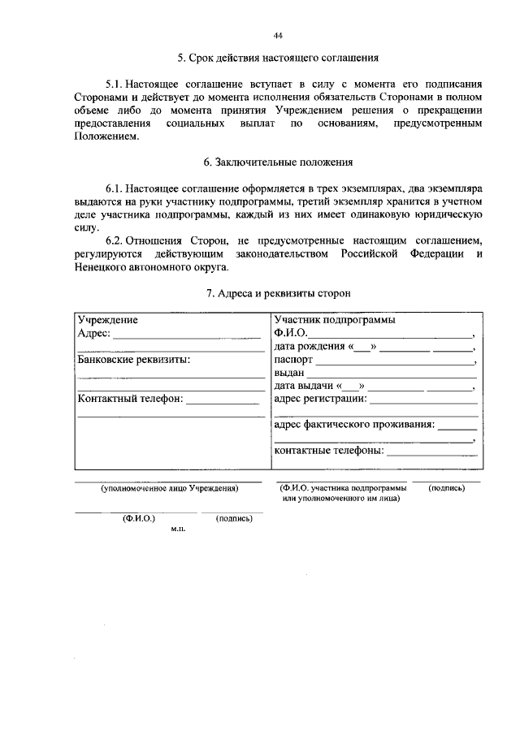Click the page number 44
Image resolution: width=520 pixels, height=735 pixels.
279,36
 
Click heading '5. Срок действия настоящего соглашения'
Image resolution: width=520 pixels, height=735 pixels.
279,59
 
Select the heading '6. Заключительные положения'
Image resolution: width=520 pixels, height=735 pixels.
279,162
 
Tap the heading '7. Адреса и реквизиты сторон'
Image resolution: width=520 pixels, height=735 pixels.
279,292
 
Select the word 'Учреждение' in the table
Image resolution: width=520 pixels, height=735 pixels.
107,320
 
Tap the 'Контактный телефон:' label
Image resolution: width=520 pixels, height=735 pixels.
131,399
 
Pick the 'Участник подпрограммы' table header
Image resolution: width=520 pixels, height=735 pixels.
335,320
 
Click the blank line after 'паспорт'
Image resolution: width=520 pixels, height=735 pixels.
393,361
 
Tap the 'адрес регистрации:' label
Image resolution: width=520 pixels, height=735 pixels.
321,399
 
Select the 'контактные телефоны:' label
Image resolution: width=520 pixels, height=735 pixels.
329,452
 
